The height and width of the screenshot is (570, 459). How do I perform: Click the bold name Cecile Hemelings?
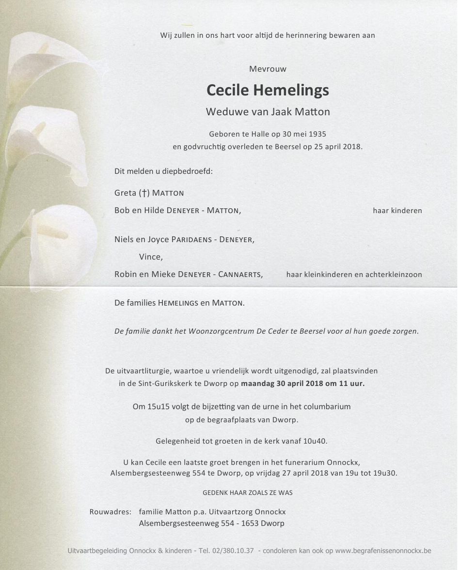point(268,90)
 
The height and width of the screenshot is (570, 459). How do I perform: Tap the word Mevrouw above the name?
point(268,69)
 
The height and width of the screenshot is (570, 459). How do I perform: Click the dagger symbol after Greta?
point(143,193)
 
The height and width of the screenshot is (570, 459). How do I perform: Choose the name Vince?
point(150,257)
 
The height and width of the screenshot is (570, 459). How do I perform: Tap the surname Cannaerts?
point(240,275)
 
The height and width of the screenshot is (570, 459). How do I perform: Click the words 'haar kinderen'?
point(397,211)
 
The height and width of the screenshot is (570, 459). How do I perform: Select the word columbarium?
point(327,407)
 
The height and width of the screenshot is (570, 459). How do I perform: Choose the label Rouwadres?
point(110,512)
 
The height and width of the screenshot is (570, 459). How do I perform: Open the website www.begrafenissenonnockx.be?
point(383,551)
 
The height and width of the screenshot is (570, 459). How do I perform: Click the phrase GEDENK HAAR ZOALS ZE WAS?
point(247,493)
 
